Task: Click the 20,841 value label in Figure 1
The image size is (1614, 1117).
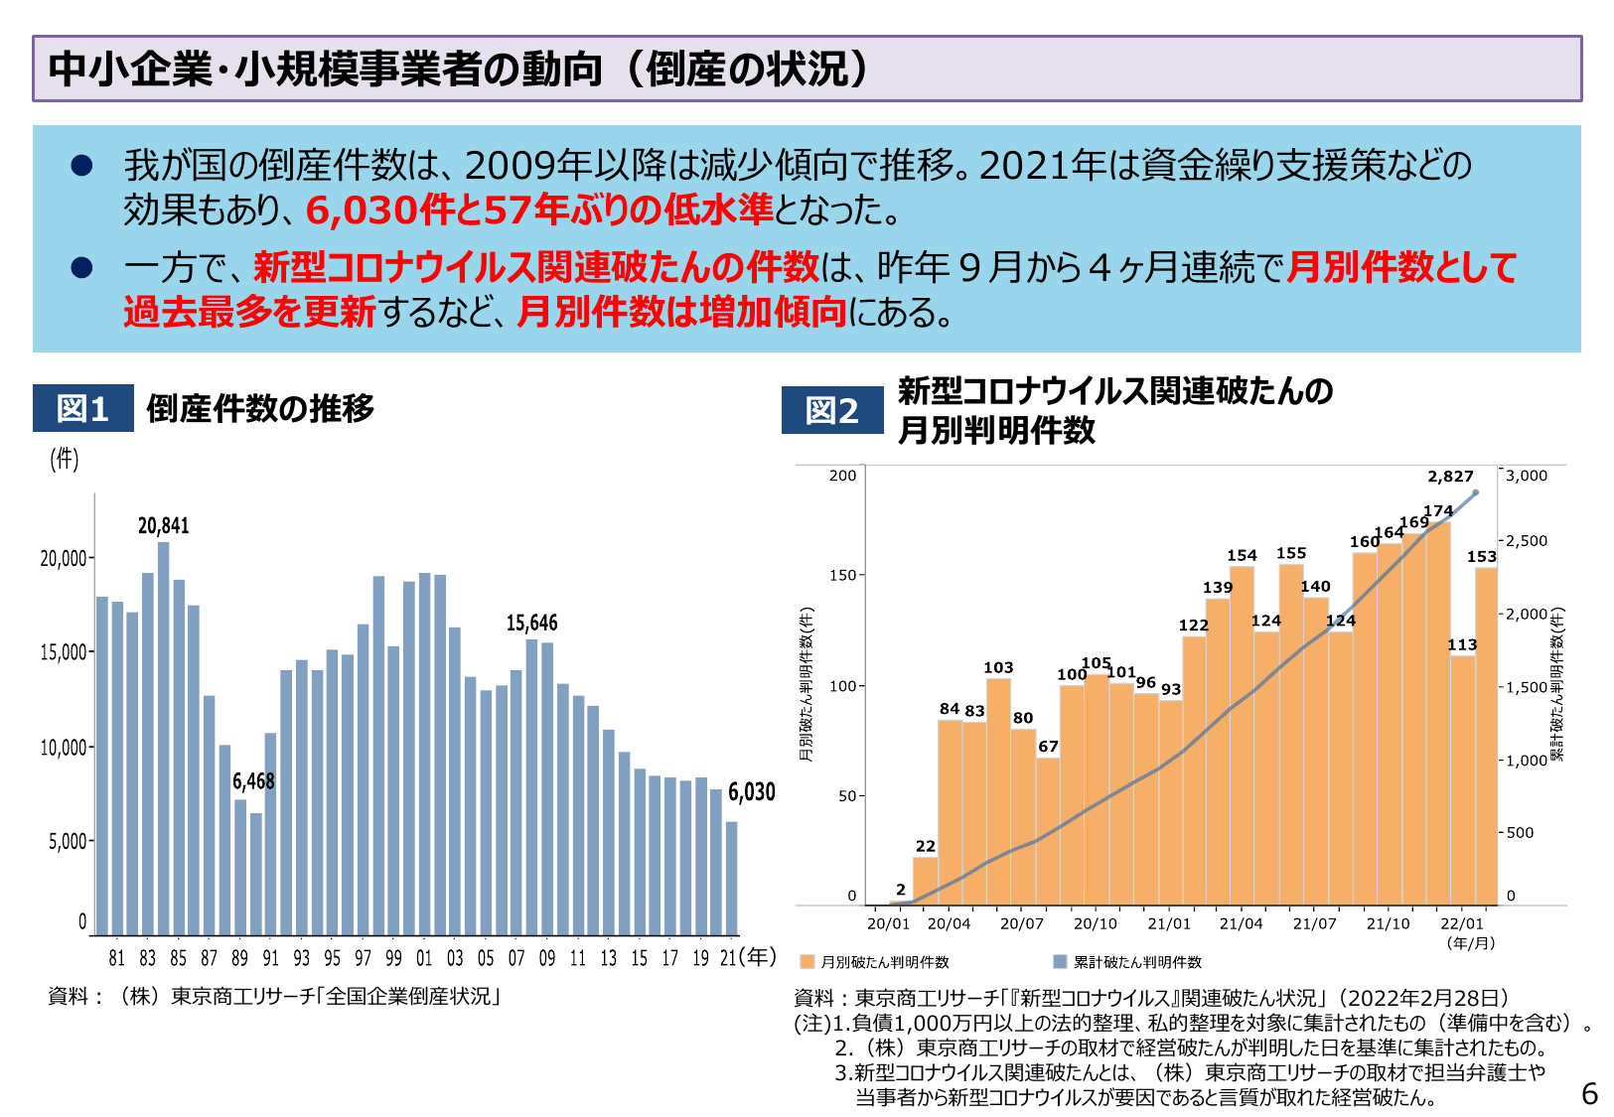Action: click(163, 525)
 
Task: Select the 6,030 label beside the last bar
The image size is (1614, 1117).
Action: click(751, 791)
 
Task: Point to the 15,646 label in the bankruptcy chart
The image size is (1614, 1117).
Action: click(531, 623)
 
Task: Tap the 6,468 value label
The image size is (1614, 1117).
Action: click(253, 781)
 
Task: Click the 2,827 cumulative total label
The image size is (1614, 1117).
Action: click(1450, 477)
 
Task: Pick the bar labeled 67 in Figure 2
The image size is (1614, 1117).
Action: click(1048, 829)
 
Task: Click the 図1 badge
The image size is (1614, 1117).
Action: click(82, 408)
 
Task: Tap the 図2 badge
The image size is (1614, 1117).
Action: click(831, 410)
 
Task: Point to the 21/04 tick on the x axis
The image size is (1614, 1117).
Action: click(1241, 923)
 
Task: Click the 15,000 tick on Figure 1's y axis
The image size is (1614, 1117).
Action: click(64, 652)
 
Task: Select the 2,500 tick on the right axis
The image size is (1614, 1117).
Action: click(1526, 541)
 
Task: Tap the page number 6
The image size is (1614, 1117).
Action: click(1588, 1093)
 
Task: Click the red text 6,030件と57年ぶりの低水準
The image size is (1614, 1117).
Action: click(538, 209)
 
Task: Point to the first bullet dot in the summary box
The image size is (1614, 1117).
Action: click(81, 166)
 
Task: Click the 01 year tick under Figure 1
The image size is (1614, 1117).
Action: click(424, 958)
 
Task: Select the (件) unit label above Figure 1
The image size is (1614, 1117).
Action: click(65, 459)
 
